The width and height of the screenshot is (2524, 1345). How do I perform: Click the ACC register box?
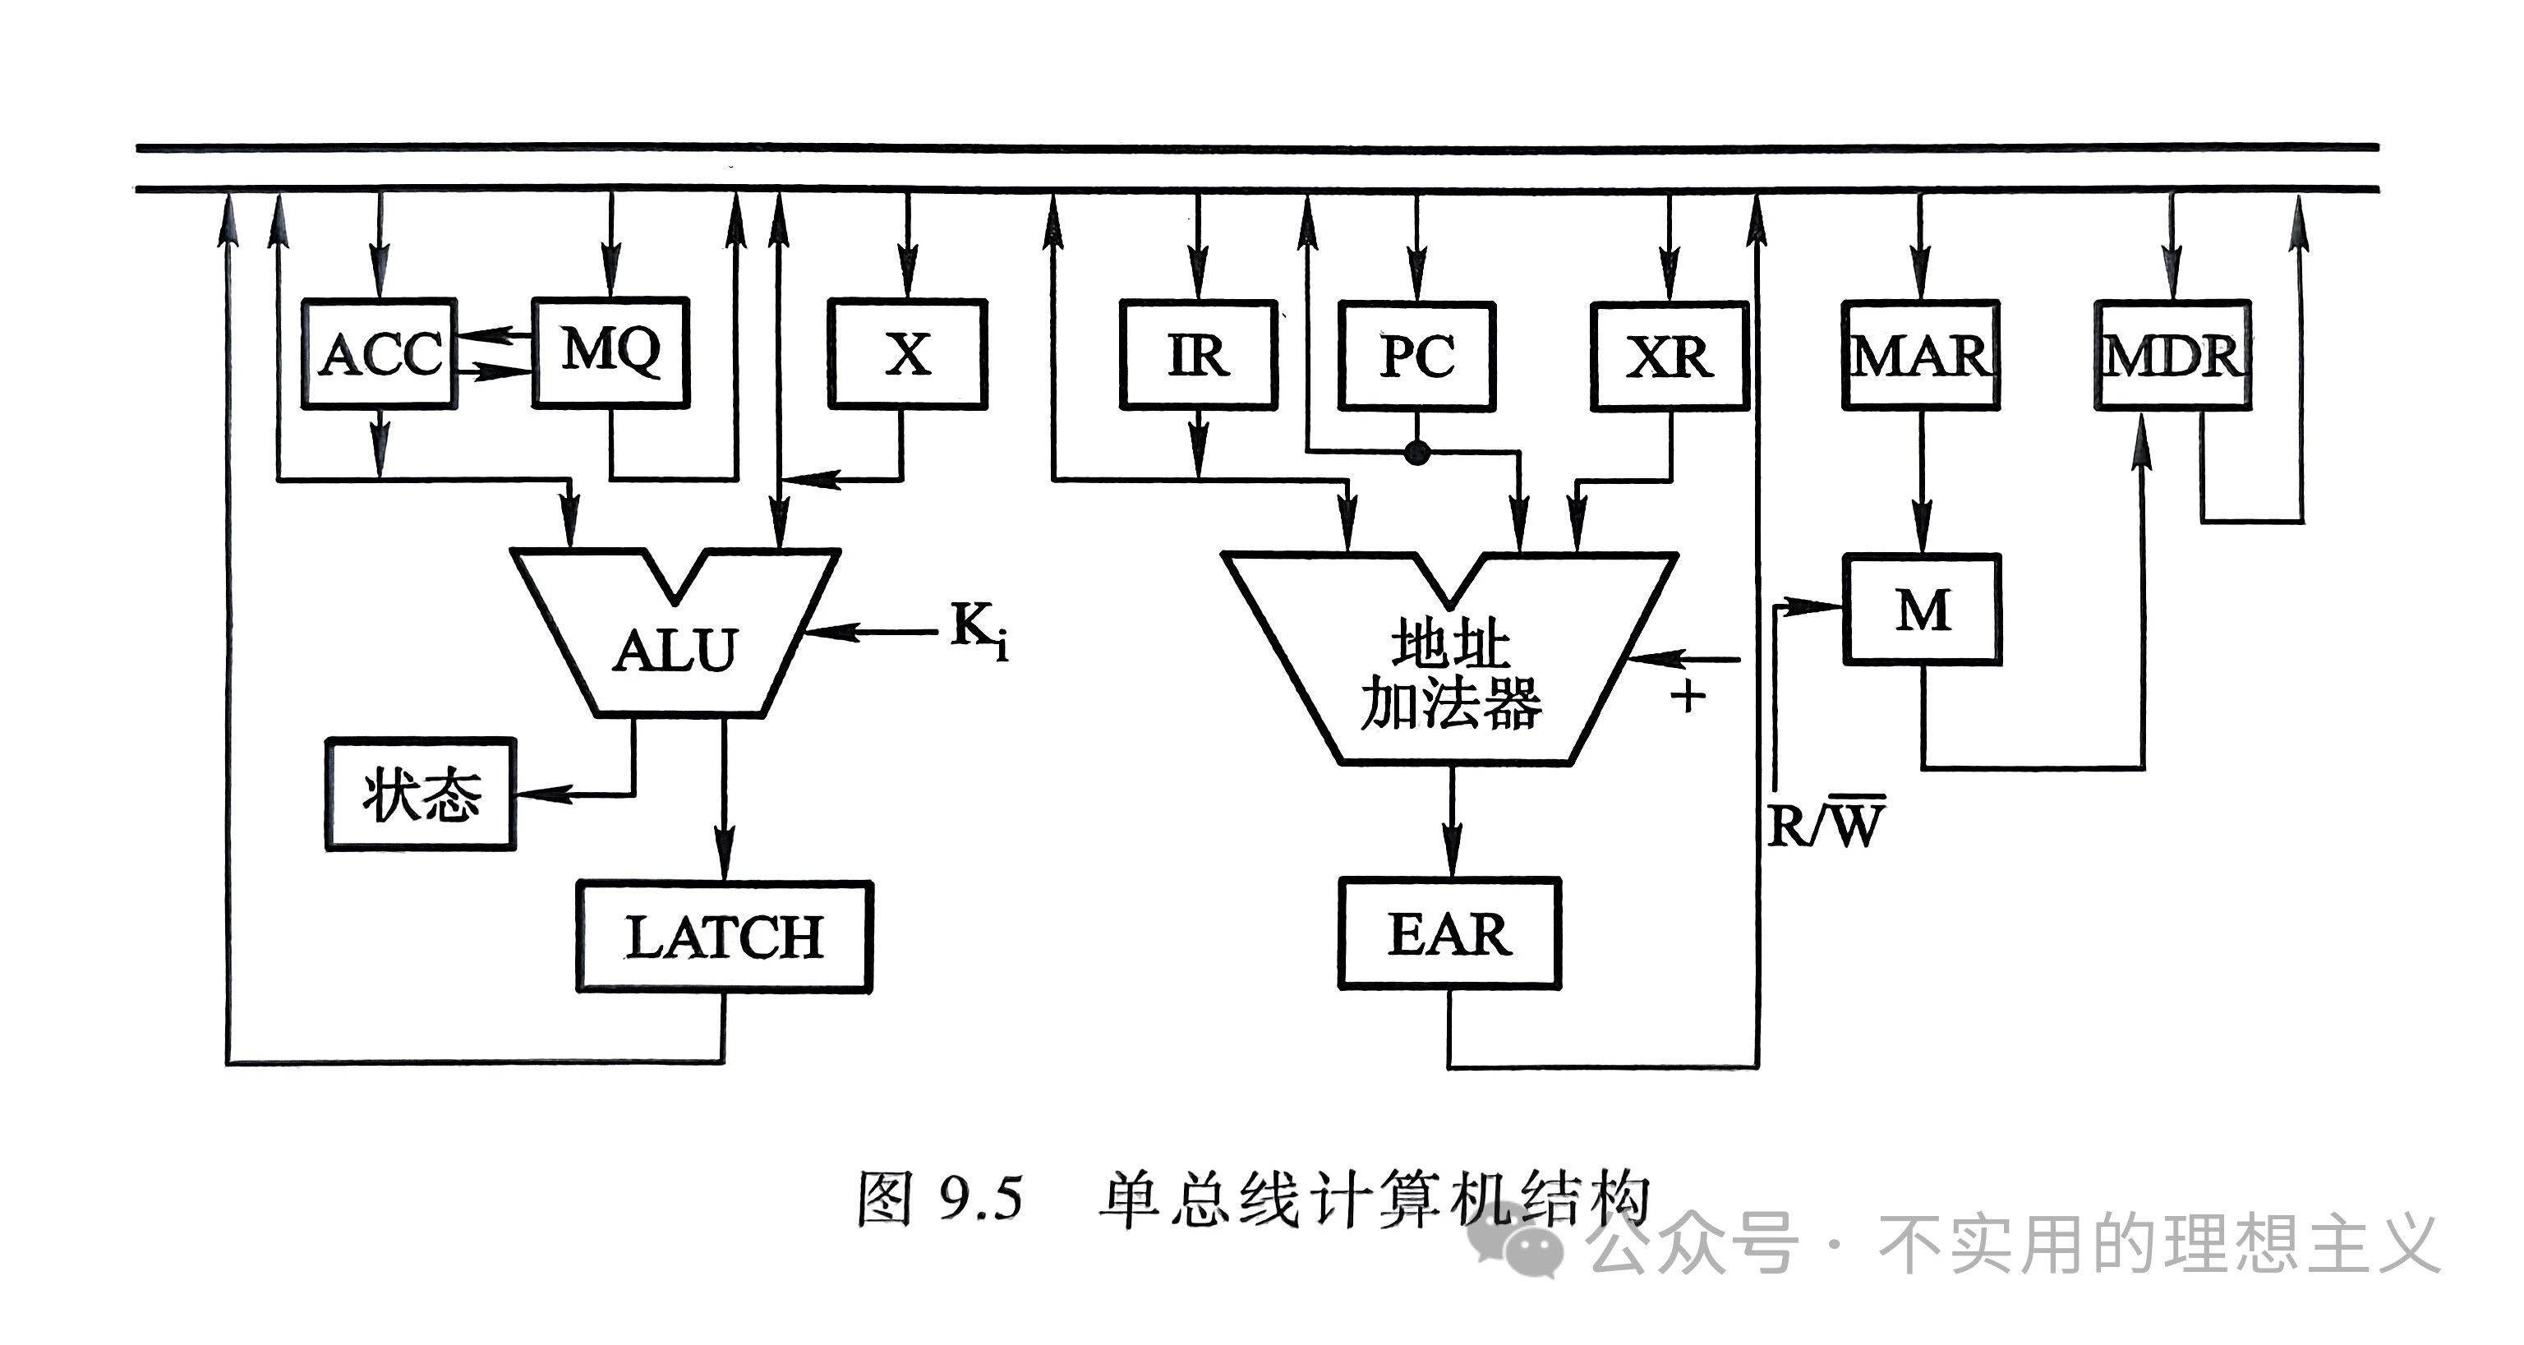[x=380, y=352]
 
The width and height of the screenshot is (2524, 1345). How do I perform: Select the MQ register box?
[x=610, y=352]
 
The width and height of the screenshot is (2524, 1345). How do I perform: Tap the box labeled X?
[x=907, y=353]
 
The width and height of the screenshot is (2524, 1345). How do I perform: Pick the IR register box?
[x=1198, y=355]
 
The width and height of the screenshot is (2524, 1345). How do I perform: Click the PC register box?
[x=1416, y=356]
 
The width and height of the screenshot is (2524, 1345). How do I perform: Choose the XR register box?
[x=1670, y=356]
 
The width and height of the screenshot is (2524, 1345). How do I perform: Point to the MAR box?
[x=1920, y=355]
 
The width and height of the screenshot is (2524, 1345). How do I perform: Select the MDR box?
[x=2173, y=355]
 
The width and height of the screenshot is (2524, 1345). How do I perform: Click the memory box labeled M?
[x=1923, y=610]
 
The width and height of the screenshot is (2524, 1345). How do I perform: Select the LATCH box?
[x=724, y=937]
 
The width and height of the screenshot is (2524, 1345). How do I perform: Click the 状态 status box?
[x=421, y=794]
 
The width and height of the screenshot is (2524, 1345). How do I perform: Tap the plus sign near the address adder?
[x=1688, y=698]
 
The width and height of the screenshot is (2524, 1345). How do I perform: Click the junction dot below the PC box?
[x=1416, y=453]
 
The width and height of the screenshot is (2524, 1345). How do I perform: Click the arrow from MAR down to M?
[x=1922, y=482]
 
